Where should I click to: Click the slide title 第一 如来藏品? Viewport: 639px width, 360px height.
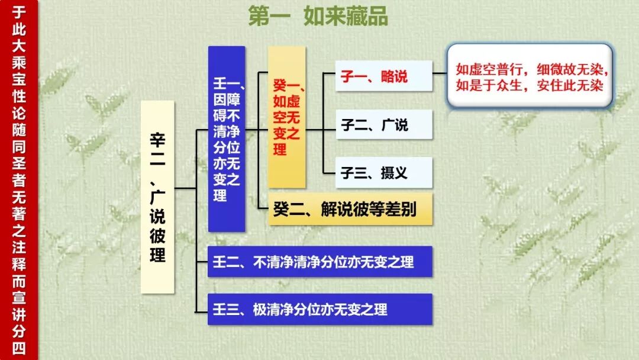point(318,17)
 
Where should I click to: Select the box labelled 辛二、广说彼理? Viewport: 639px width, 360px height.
point(157,197)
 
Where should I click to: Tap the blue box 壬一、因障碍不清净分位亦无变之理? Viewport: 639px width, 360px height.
point(227,139)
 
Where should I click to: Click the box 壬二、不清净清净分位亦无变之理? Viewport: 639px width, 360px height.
point(320,262)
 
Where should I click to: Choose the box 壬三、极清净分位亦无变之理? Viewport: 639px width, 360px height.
point(320,309)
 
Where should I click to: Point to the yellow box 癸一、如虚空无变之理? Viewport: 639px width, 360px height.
point(287,117)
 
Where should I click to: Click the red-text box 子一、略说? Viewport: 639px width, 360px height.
point(383,76)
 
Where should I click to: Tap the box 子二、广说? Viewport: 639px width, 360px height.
point(383,125)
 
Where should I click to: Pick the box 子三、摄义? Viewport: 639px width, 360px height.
point(383,173)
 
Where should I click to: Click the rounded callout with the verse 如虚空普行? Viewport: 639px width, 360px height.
point(529,76)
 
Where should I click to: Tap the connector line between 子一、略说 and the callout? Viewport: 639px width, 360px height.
point(440,73)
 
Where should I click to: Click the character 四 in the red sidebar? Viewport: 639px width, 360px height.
point(18,348)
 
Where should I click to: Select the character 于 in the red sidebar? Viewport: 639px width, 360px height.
point(18,12)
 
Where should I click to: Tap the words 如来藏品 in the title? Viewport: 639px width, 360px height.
point(346,17)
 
